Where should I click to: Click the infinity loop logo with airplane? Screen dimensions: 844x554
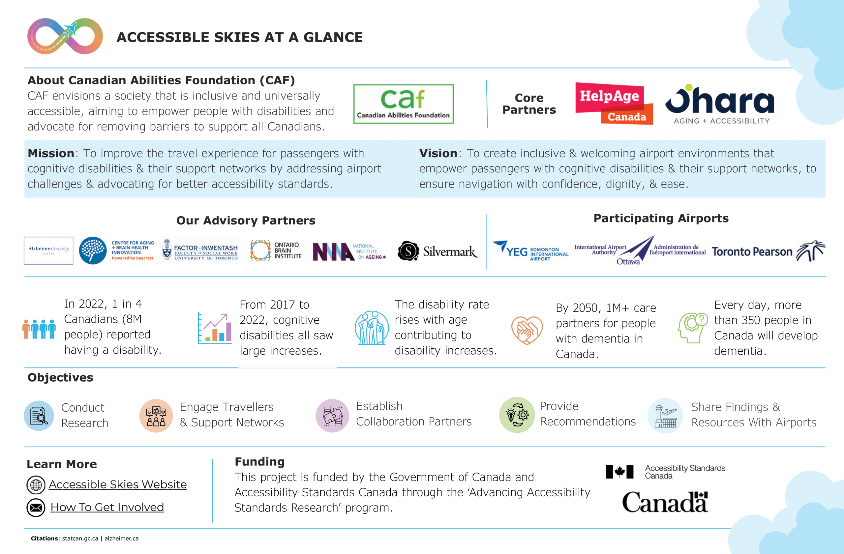[65, 36]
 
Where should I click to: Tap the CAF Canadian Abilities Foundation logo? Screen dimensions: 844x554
[403, 104]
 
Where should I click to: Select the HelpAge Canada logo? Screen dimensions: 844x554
[614, 103]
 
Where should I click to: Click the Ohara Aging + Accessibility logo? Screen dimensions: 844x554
[720, 104]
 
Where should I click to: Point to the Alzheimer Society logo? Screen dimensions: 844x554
[48, 250]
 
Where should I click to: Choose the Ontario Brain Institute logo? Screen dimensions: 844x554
[276, 250]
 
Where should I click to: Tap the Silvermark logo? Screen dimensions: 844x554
[437, 251]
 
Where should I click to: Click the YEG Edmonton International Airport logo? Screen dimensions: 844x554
[530, 251]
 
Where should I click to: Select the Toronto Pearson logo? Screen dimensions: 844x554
[768, 251]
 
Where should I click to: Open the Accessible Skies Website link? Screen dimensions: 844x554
[117, 484]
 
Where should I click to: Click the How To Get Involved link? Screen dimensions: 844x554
[107, 507]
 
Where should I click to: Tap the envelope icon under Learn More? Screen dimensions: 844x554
[36, 508]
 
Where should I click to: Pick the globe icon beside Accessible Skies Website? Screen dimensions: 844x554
[36, 485]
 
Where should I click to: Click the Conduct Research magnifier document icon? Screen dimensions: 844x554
[39, 415]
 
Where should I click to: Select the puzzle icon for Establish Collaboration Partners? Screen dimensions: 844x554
[332, 415]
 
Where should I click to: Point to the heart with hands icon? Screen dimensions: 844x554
[527, 330]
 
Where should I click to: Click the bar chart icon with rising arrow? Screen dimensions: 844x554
[215, 329]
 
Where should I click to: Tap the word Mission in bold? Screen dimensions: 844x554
[51, 153]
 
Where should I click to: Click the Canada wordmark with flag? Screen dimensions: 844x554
[665, 502]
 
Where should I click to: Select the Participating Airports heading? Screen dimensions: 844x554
[661, 219]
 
